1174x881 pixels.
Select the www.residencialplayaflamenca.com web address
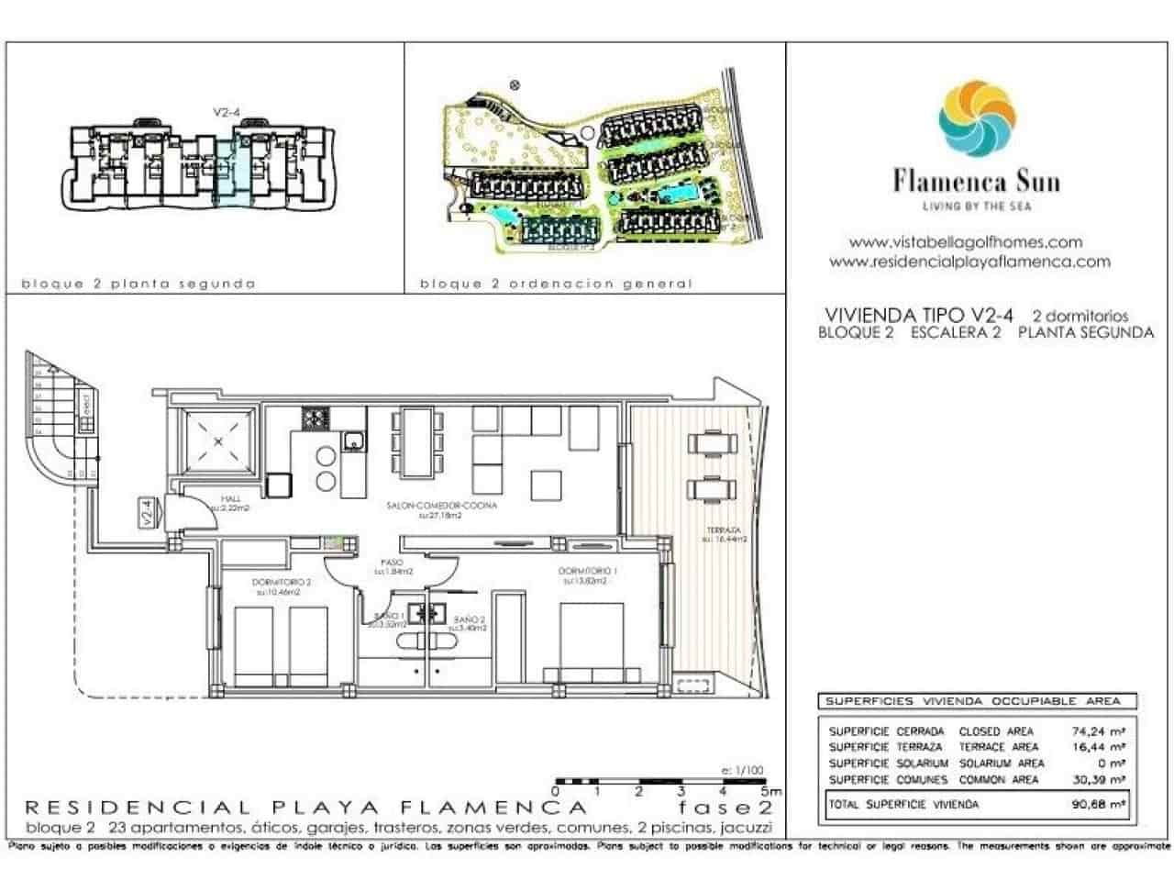pyautogui.click(x=969, y=262)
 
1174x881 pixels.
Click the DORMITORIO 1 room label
pyautogui.click(x=588, y=572)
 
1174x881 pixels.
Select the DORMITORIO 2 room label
pyautogui.click(x=282, y=582)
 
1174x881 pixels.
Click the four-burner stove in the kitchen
pyautogui.click(x=315, y=419)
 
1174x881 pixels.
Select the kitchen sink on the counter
pyautogui.click(x=353, y=441)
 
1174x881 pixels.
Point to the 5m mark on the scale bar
pyautogui.click(x=775, y=790)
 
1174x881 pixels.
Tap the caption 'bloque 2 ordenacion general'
pyautogui.click(x=555, y=284)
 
